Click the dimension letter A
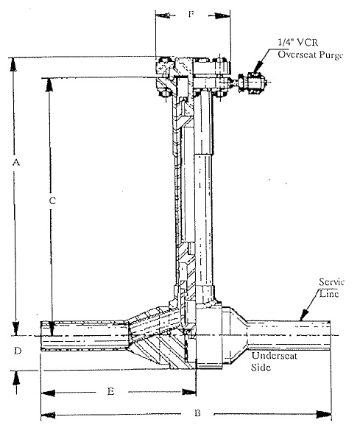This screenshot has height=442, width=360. (16, 162)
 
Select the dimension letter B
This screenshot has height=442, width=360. (198, 413)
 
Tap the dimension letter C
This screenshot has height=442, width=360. (52, 200)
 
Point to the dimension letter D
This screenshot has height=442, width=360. (18, 351)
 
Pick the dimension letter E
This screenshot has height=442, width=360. (110, 391)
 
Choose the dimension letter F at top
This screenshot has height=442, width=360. (191, 14)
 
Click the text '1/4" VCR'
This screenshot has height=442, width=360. (298, 42)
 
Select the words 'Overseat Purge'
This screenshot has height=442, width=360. (311, 55)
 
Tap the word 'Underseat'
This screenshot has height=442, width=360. (275, 356)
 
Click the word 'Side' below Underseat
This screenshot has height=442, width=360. (261, 368)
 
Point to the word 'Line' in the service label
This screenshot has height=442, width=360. (329, 294)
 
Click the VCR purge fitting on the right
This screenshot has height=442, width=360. (252, 82)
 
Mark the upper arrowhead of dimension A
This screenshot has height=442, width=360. (13, 65)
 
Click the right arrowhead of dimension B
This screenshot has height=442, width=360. (324, 414)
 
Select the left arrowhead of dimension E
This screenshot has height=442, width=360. (48, 393)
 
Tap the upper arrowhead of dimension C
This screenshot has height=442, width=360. (49, 85)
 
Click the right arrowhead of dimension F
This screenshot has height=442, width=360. (223, 15)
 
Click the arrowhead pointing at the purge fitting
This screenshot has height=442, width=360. (257, 69)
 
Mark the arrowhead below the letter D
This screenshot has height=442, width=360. (16, 378)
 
